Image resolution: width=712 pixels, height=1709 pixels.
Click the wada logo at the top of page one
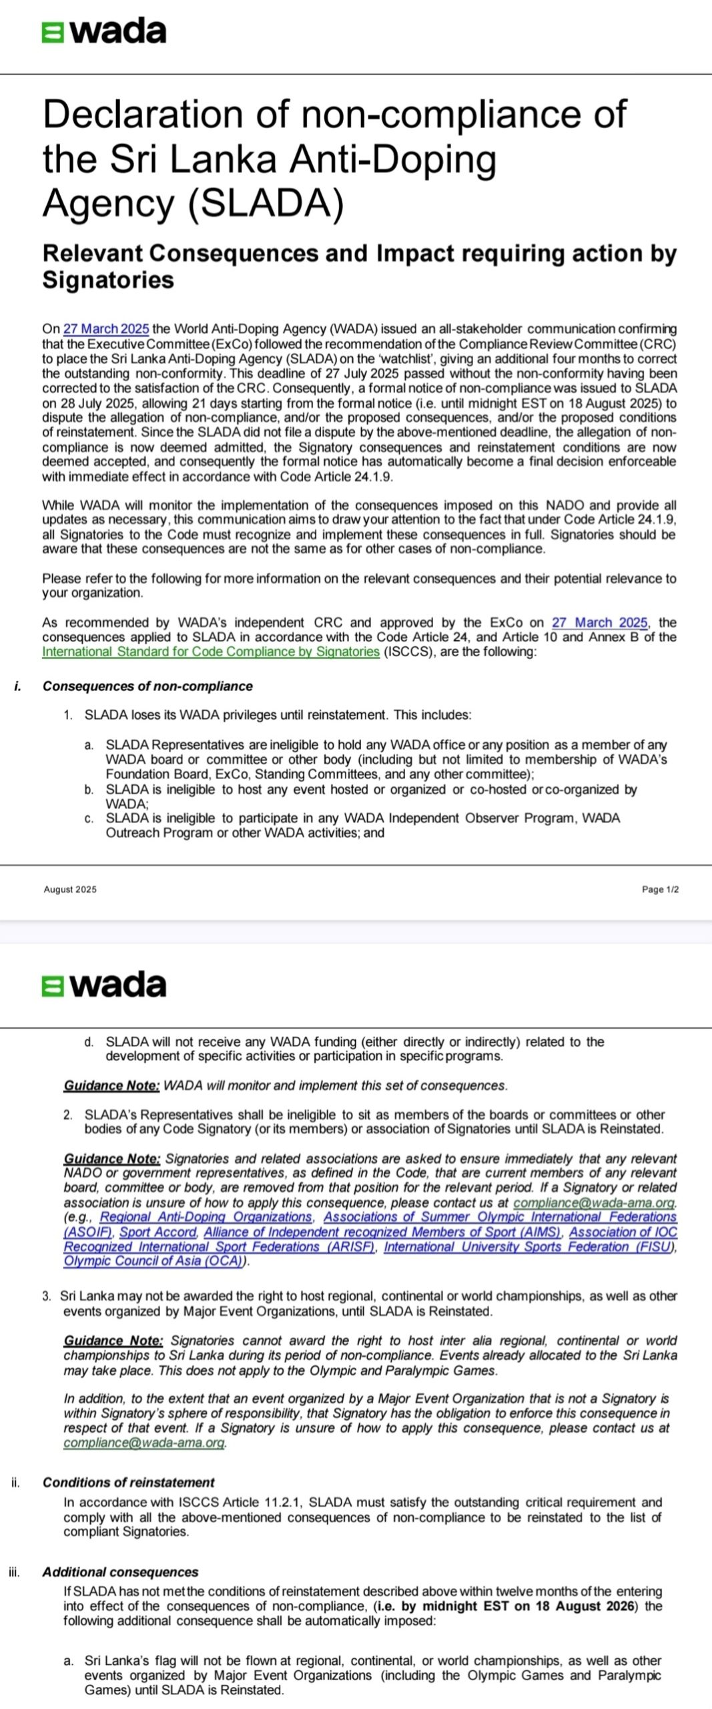coord(104,31)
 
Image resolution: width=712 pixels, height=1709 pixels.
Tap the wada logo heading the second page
coord(104,985)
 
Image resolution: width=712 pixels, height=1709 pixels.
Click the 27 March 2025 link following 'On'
coord(106,329)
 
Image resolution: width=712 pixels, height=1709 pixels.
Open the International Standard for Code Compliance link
coord(210,652)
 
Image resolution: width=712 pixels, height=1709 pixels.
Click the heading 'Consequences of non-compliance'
coord(147,686)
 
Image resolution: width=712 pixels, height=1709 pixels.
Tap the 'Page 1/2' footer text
coord(660,889)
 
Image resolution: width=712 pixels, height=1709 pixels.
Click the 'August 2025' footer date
coord(70,889)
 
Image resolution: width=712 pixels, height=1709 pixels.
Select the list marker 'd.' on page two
coord(89,1041)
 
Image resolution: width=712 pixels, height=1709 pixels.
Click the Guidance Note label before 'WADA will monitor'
coord(111,1086)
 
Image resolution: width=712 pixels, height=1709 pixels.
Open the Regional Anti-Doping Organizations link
coord(206,1217)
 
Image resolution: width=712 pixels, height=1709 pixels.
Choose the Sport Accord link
coord(158,1232)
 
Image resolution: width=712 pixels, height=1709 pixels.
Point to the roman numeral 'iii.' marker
coord(15,1572)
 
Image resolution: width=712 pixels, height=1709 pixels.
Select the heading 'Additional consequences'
coord(120,1572)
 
